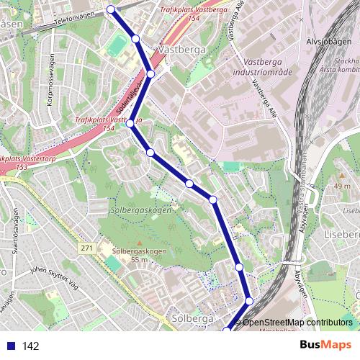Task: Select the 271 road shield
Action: tap(87, 248)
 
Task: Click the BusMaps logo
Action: tap(325, 346)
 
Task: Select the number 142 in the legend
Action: tap(30, 346)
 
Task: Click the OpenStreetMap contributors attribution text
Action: tap(297, 323)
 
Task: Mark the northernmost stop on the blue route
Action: tap(111, 9)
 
